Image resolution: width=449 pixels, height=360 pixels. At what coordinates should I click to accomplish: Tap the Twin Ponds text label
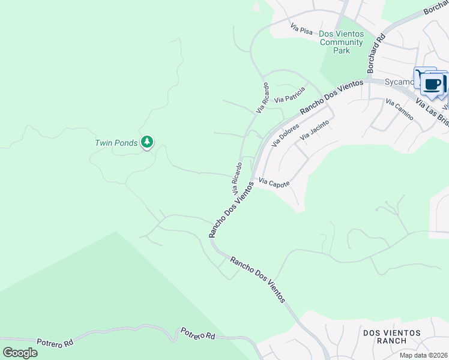point(116,143)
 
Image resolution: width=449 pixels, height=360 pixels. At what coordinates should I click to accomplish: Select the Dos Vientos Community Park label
point(342,42)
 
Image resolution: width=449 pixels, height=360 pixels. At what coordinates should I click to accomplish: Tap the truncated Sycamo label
point(399,81)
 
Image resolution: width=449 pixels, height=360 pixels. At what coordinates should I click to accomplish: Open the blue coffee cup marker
point(432,83)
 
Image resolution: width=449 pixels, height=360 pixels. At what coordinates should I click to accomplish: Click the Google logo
point(20,352)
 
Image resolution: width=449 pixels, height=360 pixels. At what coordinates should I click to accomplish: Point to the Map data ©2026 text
point(424,355)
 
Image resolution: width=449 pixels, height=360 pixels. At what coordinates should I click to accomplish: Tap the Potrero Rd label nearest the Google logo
point(55,342)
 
